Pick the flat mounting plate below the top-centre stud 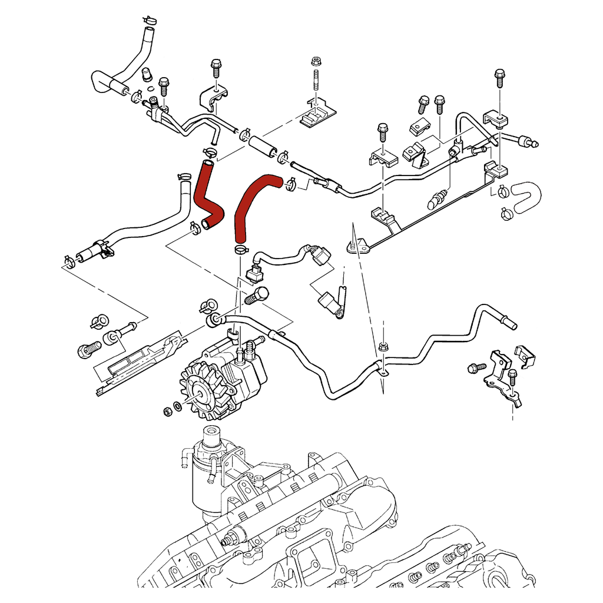tap(316, 115)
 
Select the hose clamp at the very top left tap(148, 20)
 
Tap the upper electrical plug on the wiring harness tap(320, 257)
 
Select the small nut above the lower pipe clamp tap(383, 346)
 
